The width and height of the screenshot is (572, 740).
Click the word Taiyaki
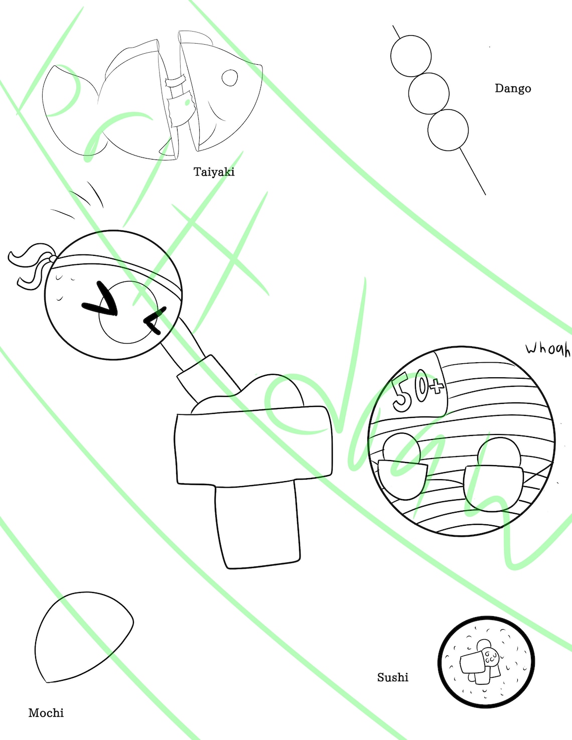point(214,172)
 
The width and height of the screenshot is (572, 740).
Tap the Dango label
point(512,88)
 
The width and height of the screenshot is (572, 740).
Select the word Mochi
point(46,713)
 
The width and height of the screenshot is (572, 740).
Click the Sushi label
point(392,677)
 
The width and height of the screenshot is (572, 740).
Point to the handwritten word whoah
point(547,348)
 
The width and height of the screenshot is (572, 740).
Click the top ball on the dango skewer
point(410,56)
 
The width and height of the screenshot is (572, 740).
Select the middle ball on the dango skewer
point(428,93)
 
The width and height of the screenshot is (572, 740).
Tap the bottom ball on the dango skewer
point(448,130)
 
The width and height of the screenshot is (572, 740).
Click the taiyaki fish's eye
point(230,78)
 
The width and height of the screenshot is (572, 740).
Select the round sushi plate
point(486,662)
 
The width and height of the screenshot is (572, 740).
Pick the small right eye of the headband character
point(153,321)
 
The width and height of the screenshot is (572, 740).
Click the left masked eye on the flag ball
point(401,467)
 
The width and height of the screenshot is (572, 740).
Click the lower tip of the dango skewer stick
point(484,193)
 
